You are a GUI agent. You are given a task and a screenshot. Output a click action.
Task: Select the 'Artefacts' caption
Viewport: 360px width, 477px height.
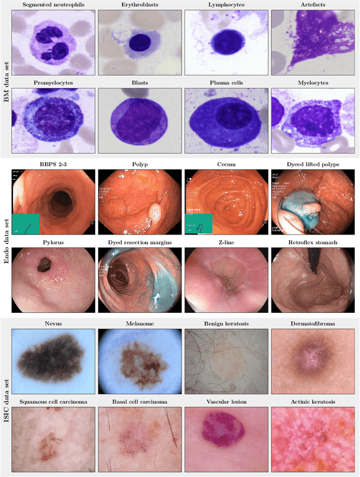[x=313, y=5]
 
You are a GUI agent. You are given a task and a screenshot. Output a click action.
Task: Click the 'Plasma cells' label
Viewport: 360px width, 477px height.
[x=226, y=83]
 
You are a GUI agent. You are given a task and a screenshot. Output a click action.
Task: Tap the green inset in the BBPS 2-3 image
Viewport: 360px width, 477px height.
[x=25, y=223]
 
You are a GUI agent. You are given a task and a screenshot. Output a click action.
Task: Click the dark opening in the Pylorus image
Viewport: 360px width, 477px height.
[x=44, y=263]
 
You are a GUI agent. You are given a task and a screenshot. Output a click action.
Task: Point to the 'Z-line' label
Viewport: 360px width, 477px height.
[x=226, y=242]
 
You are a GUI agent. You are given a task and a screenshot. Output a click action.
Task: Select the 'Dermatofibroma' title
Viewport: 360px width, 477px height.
[x=313, y=325]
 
